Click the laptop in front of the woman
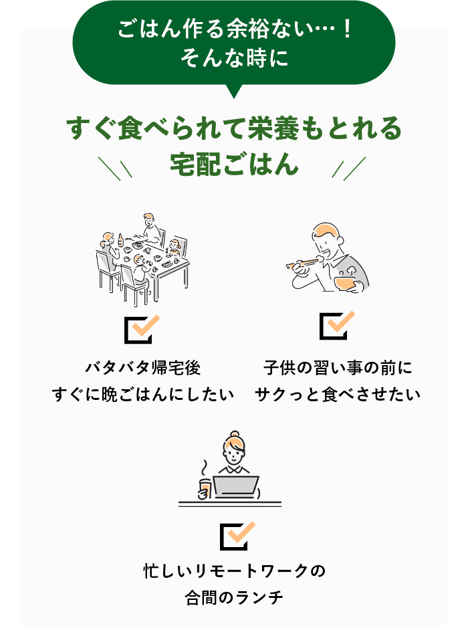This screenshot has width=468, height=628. [236, 487]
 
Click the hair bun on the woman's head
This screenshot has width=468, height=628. [235, 435]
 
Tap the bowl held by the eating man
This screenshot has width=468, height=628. [345, 283]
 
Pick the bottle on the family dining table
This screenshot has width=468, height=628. [120, 240]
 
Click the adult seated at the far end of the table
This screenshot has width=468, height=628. [151, 227]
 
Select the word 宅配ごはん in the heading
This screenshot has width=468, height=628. [234, 165]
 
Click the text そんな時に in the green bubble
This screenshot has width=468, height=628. [234, 58]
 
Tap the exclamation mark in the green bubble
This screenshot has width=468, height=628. [347, 29]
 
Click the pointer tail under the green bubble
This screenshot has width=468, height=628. [234, 92]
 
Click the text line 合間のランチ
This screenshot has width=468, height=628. [234, 597]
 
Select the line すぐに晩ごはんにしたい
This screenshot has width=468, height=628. [143, 395]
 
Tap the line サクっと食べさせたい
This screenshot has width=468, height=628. [338, 395]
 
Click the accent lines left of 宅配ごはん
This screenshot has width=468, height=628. [115, 169]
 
